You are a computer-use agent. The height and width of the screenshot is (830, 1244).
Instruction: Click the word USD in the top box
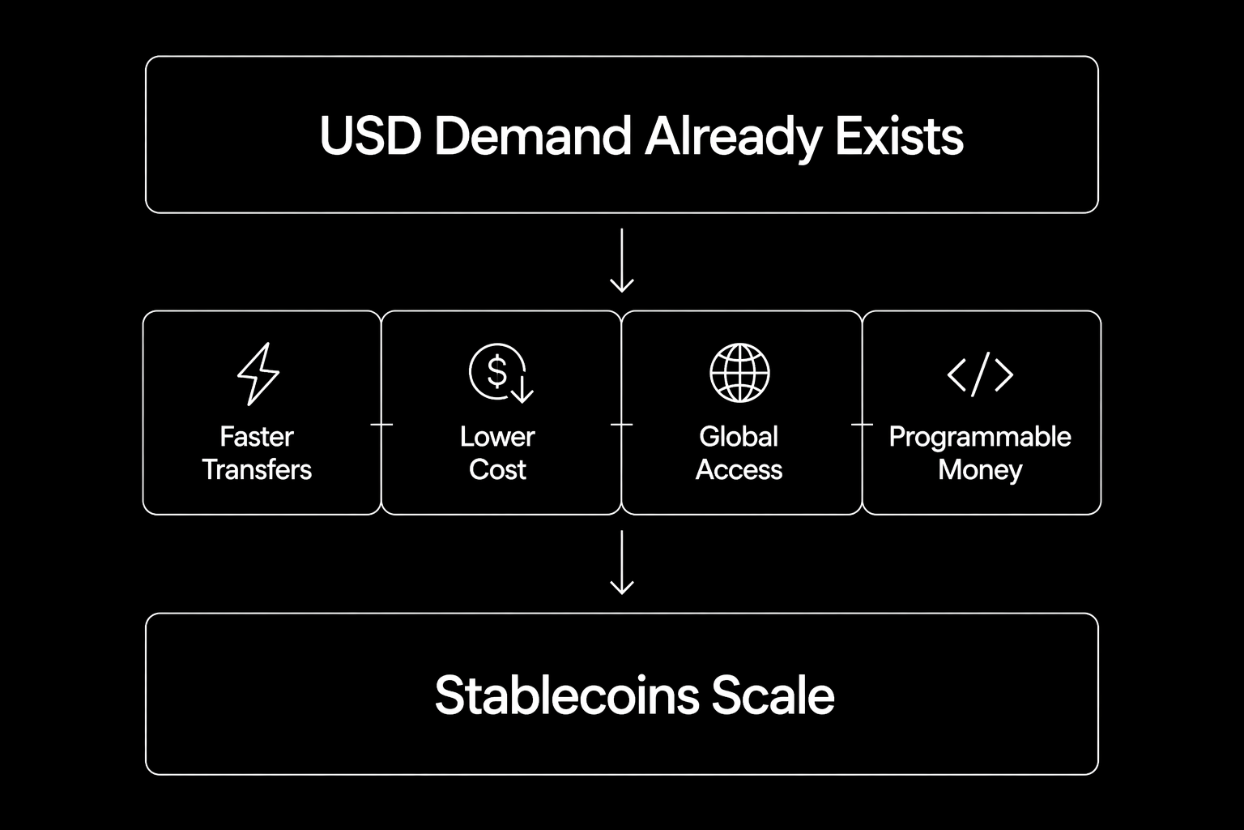[369, 136]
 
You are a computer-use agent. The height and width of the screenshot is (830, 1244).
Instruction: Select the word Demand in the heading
[533, 136]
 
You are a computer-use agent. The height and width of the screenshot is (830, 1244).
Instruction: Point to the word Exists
[899, 136]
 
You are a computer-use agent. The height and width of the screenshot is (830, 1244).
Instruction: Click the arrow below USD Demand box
[621, 260]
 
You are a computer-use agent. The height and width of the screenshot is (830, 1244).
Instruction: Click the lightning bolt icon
[258, 374]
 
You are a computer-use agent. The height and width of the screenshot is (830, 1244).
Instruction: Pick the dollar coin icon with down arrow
[500, 374]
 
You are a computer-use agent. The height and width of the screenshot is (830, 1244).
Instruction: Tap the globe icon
[739, 373]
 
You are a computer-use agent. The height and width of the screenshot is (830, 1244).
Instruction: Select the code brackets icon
[980, 374]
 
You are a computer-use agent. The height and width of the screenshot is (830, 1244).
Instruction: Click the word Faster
[257, 437]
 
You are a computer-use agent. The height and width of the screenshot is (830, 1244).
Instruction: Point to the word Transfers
[257, 470]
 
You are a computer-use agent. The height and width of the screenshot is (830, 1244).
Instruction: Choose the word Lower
[497, 437]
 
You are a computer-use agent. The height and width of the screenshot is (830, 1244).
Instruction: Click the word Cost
[497, 470]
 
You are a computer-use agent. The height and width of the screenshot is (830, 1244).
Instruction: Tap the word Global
[739, 437]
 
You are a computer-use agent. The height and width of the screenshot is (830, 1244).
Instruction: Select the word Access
[739, 470]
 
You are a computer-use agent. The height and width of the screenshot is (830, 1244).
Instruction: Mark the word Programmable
[980, 438]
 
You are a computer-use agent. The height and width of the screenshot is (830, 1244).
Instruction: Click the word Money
[980, 470]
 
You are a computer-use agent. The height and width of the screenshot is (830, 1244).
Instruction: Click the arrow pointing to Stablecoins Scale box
[621, 563]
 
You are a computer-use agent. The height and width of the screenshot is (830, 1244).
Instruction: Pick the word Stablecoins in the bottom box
[566, 695]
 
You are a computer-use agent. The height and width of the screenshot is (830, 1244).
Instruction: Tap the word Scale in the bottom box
[773, 695]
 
